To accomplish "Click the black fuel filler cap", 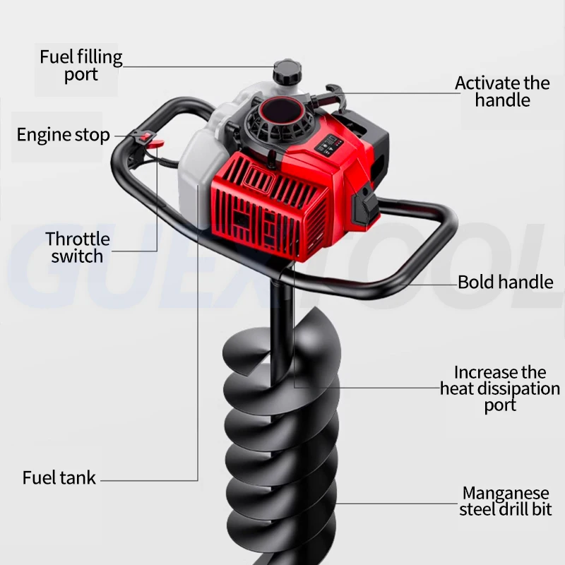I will click(286, 70).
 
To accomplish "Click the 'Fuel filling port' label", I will click(81, 65).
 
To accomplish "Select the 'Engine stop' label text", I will click(64, 135).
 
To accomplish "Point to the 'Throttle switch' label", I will click(78, 247).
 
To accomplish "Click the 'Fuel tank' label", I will click(59, 477).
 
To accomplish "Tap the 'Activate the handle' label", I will click(502, 92).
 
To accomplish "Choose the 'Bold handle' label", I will click(505, 282).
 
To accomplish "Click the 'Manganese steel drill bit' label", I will click(505, 501).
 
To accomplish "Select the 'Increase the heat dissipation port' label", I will click(500, 388).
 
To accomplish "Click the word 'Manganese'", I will click(506, 493).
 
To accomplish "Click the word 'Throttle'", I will click(78, 239).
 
